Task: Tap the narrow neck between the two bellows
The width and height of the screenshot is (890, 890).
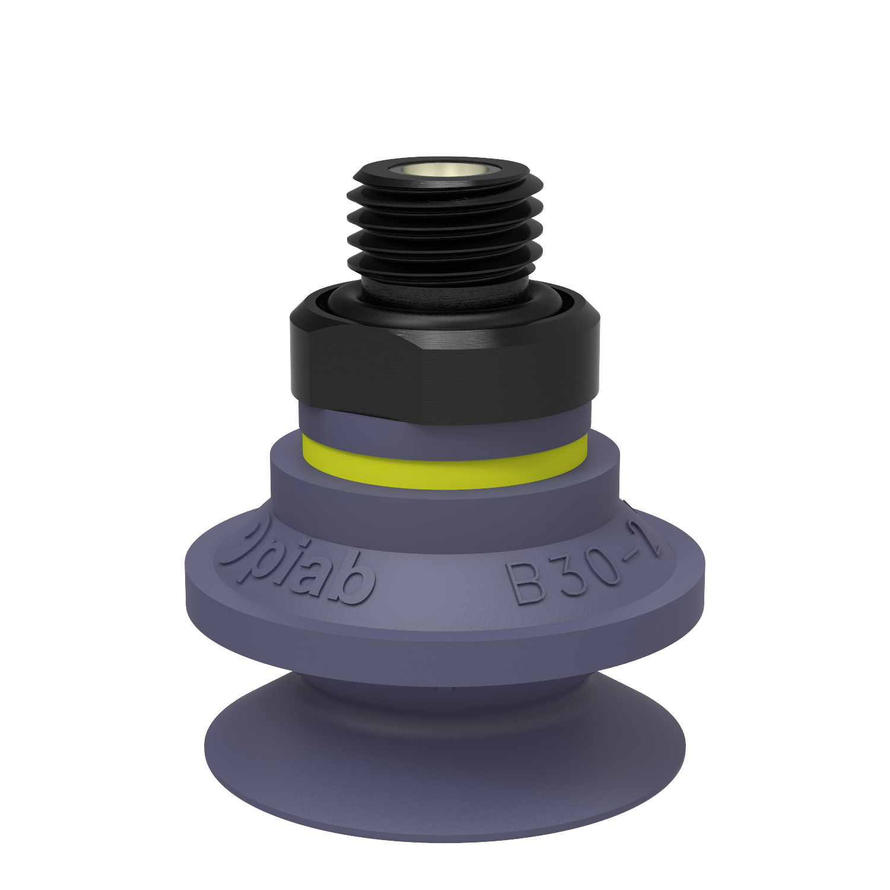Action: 445,682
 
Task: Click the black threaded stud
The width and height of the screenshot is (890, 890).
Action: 445,237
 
